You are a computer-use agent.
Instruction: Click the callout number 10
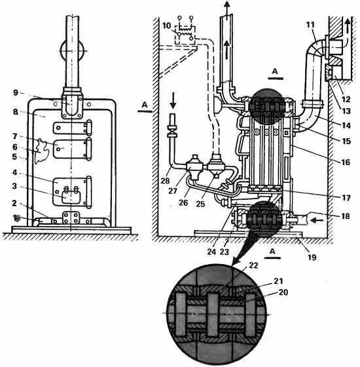(x=167, y=26)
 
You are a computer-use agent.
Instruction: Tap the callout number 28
(x=165, y=180)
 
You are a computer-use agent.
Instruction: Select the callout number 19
(x=312, y=257)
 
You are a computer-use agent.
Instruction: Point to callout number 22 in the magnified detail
(x=253, y=265)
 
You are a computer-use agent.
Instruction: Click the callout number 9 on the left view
(x=16, y=92)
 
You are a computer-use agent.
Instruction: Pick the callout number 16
(x=346, y=162)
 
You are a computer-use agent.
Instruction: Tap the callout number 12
(x=346, y=99)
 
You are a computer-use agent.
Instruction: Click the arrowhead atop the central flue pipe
(x=226, y=4)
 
